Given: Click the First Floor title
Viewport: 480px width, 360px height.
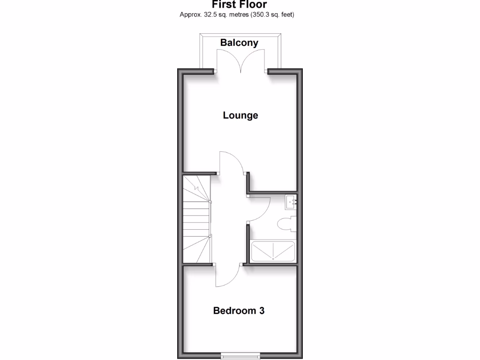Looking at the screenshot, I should click(x=240, y=5).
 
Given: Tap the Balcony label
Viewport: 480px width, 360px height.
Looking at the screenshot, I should click(x=239, y=43).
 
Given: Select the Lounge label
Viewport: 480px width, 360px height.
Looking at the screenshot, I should click(x=240, y=115).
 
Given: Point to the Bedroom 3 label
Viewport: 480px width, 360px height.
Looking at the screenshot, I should click(x=239, y=310).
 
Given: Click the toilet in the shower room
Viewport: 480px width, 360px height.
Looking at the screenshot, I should click(x=286, y=224).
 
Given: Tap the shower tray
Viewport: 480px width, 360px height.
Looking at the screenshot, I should click(x=273, y=251).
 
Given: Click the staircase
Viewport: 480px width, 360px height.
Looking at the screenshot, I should click(x=196, y=218).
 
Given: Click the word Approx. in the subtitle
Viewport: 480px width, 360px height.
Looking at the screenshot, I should click(x=190, y=15).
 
